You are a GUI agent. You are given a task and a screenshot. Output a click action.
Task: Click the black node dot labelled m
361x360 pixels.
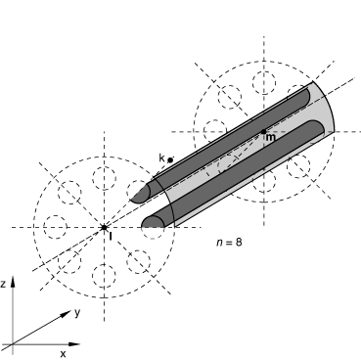pyautogui.click(x=264, y=132)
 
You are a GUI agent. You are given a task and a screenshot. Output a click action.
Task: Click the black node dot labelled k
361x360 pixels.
pyautogui.click(x=170, y=160)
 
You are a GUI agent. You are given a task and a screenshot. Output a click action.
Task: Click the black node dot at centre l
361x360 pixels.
pyautogui.click(x=104, y=227)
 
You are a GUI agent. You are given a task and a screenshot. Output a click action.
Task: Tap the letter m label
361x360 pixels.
pyautogui.click(x=271, y=138)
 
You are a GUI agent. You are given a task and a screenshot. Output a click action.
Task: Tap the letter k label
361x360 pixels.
pyautogui.click(x=161, y=158)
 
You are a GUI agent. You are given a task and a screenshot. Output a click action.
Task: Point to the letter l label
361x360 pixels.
pyautogui.click(x=111, y=236)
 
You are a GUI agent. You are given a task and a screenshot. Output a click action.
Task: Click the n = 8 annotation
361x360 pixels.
pyautogui.click(x=229, y=243)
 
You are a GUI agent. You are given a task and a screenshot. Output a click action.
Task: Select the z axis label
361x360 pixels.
pyautogui.click(x=3, y=284)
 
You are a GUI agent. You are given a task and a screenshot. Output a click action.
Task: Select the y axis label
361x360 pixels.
pyautogui.click(x=77, y=313)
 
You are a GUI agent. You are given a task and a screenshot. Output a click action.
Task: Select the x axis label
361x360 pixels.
pyautogui.click(x=63, y=353)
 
